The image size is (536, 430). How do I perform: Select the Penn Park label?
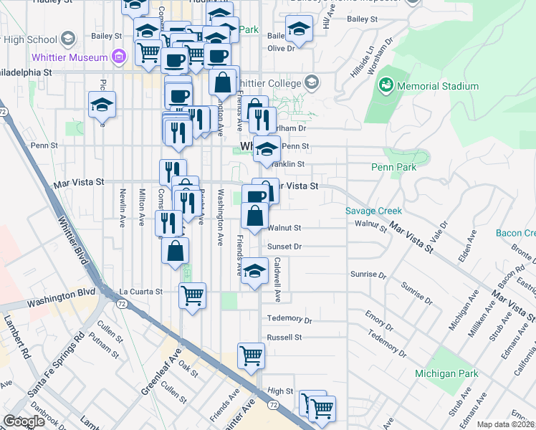tap(393, 167)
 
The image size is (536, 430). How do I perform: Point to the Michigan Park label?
tap(446, 374)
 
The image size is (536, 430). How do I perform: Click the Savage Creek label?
tap(373, 211)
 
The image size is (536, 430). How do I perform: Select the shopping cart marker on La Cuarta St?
tap(192, 294)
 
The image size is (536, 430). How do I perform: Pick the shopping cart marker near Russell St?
tap(251, 355)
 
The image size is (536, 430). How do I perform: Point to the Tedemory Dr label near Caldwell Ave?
tap(289, 318)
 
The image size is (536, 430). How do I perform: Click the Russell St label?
tap(284, 337)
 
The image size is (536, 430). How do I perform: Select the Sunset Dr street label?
tap(285, 246)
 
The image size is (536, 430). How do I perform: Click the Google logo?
tap(24, 421)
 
